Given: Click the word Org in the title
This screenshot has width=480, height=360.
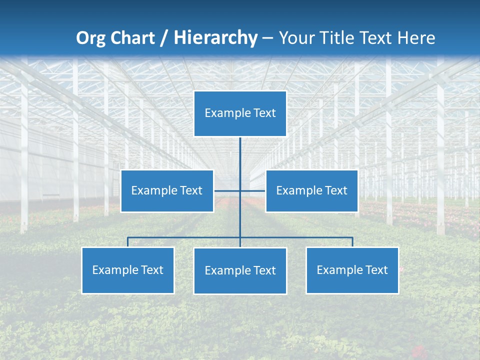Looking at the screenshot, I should tap(91, 38).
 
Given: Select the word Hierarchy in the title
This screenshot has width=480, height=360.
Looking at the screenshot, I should tap(215, 38).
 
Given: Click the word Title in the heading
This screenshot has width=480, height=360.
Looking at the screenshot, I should tap(341, 38).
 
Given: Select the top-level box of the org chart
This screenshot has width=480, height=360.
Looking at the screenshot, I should tap(240, 113).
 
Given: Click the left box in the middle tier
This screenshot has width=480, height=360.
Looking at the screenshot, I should tap(167, 191).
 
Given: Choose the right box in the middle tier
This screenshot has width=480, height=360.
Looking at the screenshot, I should tap(311, 191).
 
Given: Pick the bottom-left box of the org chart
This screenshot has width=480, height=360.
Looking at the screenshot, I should tap(128, 270).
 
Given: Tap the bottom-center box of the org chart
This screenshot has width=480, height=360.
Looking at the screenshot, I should tap(240, 271).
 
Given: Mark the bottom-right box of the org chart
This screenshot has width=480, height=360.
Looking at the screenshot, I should tap(352, 270).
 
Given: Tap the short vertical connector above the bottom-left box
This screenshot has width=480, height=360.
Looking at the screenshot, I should tap(128, 242).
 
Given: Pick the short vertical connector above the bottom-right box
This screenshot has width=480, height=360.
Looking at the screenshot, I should tap(352, 242).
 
